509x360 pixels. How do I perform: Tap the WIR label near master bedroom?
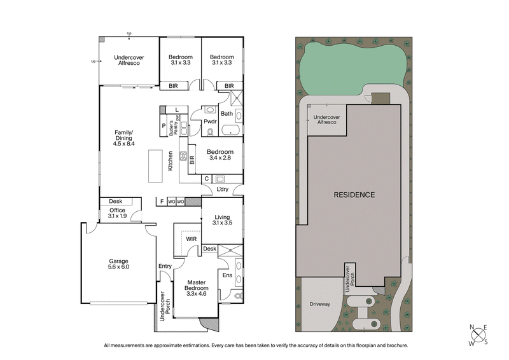click(191, 239)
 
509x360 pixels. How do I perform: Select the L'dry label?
click(223, 190)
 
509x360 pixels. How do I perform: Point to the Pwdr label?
click(211, 121)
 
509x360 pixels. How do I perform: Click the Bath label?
click(227, 113)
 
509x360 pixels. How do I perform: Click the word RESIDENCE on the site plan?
click(354, 195)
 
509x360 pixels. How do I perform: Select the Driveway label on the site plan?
click(320, 304)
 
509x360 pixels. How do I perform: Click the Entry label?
click(165, 267)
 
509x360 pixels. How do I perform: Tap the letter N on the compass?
click(472, 328)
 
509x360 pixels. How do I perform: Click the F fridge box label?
click(162, 202)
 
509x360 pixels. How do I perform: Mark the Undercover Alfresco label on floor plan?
click(129, 60)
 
